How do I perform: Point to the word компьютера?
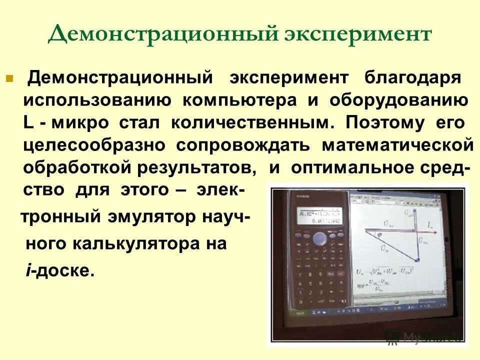239,100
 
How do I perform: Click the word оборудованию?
398,100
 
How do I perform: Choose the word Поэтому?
386,122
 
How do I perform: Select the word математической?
397,145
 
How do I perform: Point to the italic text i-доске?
59,270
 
